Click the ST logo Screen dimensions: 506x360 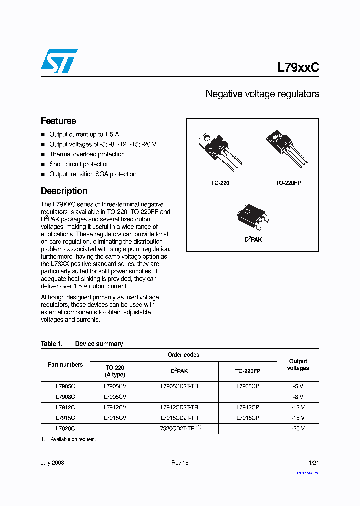click(59, 61)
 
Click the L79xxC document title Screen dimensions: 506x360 click(298, 67)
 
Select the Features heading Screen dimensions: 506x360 click(58, 121)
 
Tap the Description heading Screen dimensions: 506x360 click(64, 191)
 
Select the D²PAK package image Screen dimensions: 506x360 click(253, 217)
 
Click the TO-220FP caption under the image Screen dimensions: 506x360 click(288, 183)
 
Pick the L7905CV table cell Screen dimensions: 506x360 click(115, 386)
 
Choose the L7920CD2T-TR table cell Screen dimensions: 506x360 click(179, 428)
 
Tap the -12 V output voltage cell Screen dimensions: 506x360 click(298, 407)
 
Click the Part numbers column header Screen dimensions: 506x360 click(65, 365)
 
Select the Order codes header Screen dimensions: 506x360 click(183, 355)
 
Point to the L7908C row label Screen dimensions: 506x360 click(65, 397)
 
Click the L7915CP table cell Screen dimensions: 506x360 click(248, 418)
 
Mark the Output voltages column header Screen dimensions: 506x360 click(298, 365)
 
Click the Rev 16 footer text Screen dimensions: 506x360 click(180, 463)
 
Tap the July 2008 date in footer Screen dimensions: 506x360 click(52, 463)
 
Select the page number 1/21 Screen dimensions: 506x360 click(314, 463)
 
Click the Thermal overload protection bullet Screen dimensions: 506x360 click(87, 154)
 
